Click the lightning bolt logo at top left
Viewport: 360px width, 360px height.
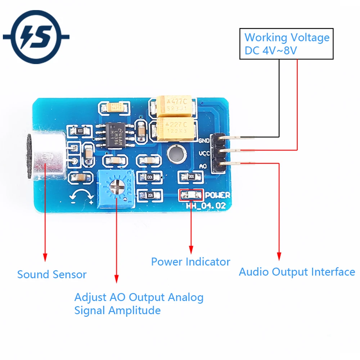pos(36,37)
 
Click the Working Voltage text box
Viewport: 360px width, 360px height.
pos(287,44)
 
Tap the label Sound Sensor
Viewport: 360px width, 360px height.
pos(52,275)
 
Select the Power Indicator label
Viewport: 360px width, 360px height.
pos(190,262)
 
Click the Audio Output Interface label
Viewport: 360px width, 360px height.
pos(297,272)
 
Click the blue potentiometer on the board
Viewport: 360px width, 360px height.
pos(116,188)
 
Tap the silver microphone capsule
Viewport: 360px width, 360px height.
pos(45,156)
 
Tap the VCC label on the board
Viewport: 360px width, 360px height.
pos(204,154)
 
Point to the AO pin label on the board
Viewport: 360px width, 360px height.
pos(203,166)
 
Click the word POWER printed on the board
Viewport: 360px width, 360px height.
pos(217,195)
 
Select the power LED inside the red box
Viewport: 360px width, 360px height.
pos(191,195)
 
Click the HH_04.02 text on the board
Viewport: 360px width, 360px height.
pos(205,206)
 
